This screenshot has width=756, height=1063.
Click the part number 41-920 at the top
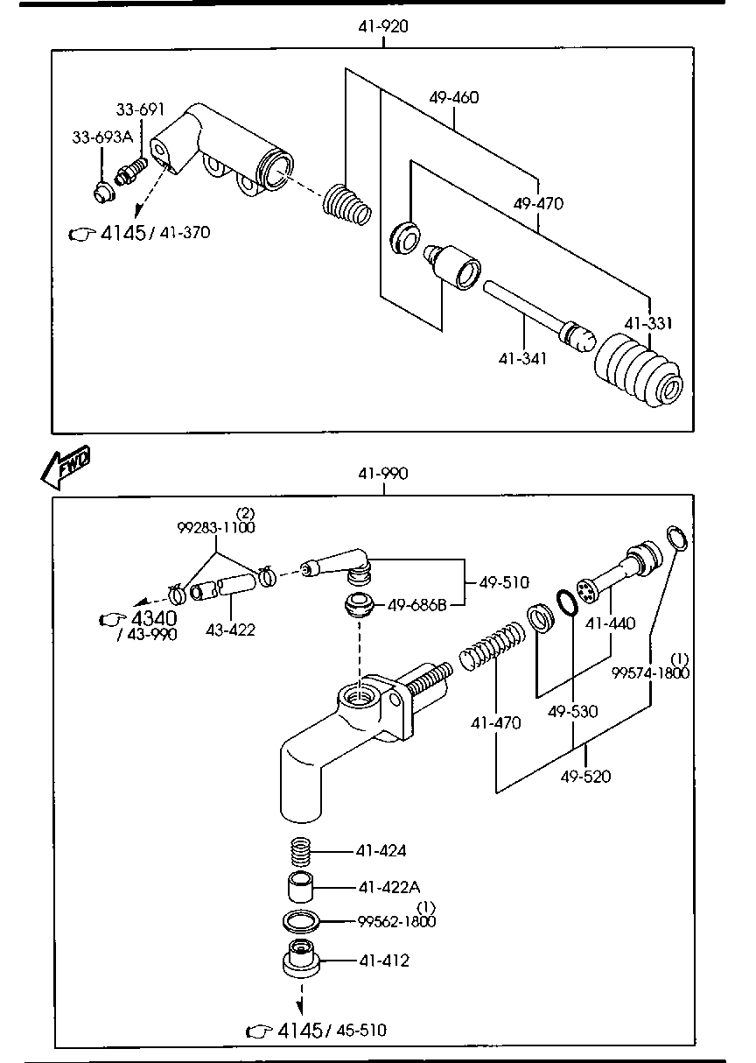tap(382, 26)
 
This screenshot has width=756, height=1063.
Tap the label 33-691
tap(141, 109)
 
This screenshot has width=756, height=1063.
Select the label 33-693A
tap(101, 137)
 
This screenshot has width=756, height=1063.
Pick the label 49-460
tap(453, 97)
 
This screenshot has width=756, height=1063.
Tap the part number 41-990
tap(382, 474)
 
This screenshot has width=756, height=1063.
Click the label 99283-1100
tap(216, 528)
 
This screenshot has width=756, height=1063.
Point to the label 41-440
tap(610, 623)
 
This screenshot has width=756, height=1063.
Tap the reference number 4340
tap(152, 619)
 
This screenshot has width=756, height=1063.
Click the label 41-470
tap(495, 723)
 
